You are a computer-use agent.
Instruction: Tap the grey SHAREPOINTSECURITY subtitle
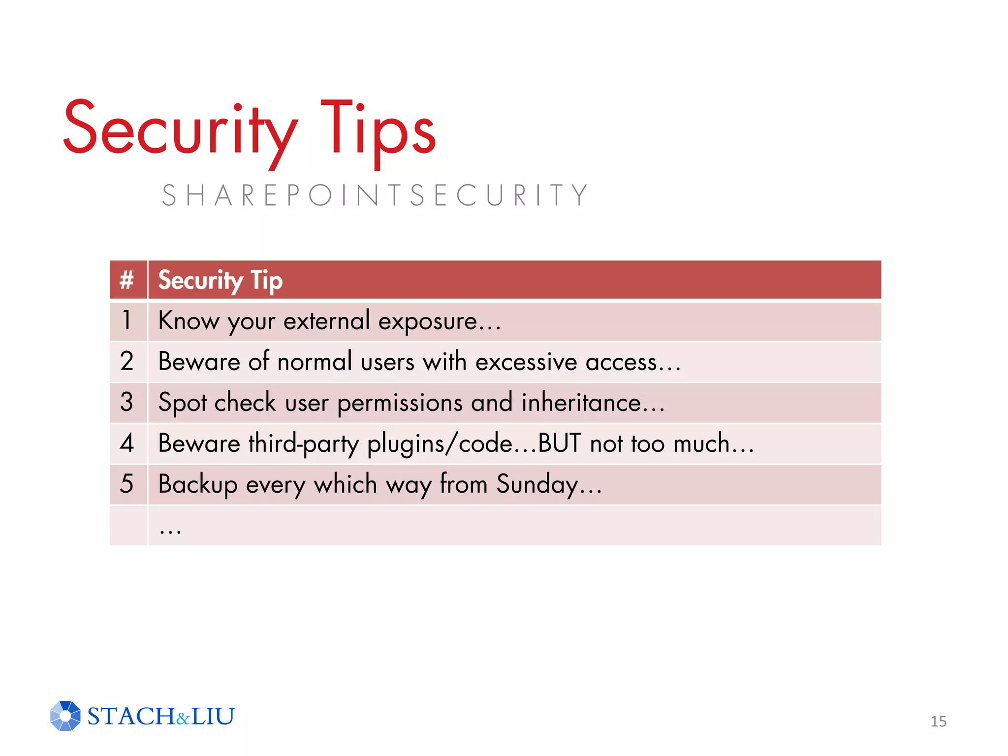coord(375,195)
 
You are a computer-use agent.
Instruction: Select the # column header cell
coord(127,280)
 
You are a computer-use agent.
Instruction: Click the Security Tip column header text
coord(220,281)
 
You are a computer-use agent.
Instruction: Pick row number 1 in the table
coord(127,321)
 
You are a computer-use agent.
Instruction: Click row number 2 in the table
coord(127,362)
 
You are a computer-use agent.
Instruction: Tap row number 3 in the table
coord(127,403)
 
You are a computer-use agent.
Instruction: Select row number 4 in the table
coord(127,443)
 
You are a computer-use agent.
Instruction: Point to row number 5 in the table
coord(127,484)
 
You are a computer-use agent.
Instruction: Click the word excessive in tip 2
coord(526,363)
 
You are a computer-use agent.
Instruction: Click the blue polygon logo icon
coord(65,716)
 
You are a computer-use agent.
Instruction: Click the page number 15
coord(938,722)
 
